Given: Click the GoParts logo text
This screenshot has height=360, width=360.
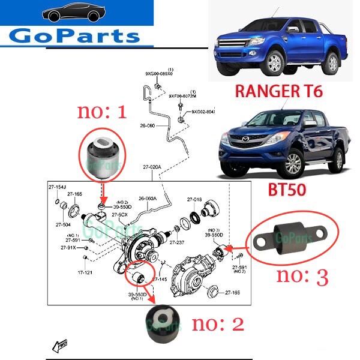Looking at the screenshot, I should tap(75, 35).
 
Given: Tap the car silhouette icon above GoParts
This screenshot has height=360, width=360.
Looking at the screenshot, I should tap(76, 13).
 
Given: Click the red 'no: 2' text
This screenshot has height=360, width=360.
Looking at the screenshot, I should tap(218, 324).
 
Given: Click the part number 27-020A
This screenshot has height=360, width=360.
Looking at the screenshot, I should tap(153, 166).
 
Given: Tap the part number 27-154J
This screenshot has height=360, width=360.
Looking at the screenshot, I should tap(58, 188).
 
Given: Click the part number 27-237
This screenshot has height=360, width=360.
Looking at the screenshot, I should tap(177, 242).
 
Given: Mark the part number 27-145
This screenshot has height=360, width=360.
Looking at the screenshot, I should tap(160, 280).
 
